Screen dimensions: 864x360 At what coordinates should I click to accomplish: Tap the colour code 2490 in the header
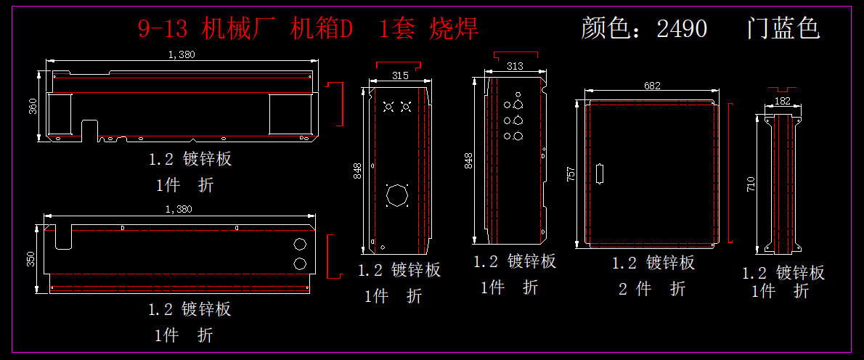tap(682, 28)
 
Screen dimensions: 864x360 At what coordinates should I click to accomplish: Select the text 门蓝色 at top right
tap(783, 28)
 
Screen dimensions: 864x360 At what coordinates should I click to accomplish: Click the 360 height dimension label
tap(33, 106)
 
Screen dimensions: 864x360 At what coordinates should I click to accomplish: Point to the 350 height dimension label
tap(30, 258)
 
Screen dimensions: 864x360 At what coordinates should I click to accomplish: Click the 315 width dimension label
tap(400, 76)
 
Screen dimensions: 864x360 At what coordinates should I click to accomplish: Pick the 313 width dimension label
tap(515, 66)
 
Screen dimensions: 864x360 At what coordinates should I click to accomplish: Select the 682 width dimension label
tap(651, 86)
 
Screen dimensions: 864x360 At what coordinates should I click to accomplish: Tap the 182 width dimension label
tap(782, 101)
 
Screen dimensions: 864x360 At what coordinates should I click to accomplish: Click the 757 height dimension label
tap(571, 174)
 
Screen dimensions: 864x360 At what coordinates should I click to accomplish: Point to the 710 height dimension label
tap(750, 184)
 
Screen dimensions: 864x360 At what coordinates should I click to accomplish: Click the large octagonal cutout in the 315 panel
tap(396, 195)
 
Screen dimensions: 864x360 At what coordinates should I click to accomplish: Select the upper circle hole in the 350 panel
tap(301, 244)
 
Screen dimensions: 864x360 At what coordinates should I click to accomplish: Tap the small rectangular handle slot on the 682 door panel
tap(600, 174)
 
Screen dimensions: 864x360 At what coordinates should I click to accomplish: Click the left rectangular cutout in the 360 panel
tap(60, 114)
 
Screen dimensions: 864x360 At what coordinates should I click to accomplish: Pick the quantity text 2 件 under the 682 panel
tap(635, 288)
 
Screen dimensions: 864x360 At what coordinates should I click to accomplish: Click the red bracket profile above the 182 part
tap(783, 89)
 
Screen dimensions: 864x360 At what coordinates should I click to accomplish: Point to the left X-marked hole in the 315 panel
tap(388, 106)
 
